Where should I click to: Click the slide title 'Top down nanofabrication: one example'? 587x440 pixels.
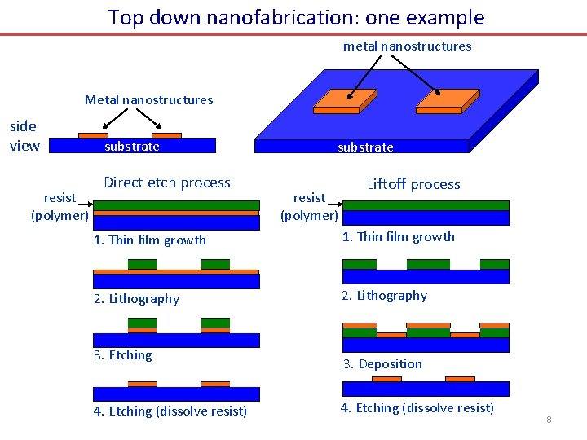[x=296, y=17]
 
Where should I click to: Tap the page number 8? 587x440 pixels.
[x=549, y=420]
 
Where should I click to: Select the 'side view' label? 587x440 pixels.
[x=24, y=135]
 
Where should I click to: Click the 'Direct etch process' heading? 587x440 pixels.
[x=167, y=183]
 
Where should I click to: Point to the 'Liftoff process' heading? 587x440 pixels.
[x=413, y=184]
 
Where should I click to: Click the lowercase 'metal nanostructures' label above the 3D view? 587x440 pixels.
[x=407, y=46]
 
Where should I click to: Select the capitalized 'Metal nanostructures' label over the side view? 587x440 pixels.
[x=148, y=100]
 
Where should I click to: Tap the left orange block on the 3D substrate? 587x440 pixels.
[x=345, y=100]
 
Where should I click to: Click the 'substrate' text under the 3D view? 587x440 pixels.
[x=365, y=147]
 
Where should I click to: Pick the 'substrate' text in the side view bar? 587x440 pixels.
[x=132, y=147]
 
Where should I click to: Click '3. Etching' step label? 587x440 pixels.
[x=122, y=355]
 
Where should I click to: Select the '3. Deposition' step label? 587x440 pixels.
[x=382, y=364]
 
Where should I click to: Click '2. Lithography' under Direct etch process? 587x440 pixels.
[x=136, y=299]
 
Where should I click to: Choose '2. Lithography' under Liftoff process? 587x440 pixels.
[x=384, y=296]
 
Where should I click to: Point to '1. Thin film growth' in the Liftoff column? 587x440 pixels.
[x=398, y=237]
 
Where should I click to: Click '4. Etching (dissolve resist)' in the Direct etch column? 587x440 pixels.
[x=170, y=411]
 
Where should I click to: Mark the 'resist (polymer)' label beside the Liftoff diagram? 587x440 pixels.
[x=309, y=206]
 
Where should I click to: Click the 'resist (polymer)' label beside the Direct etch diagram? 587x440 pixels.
[x=60, y=206]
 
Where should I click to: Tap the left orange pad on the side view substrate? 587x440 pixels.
[x=92, y=135]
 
